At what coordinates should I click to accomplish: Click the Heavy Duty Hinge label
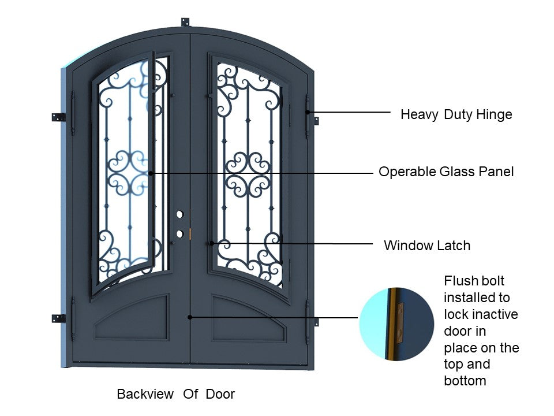click(456, 114)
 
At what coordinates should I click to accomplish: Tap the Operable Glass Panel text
click(446, 172)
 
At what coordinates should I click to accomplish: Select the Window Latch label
click(426, 246)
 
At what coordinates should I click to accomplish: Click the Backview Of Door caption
click(175, 394)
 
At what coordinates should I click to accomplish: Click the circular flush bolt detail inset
click(396, 324)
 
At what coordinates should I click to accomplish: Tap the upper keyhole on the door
click(179, 214)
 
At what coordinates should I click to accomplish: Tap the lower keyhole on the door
click(179, 233)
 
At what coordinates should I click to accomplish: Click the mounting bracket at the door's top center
click(185, 22)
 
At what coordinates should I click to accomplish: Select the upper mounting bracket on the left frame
click(58, 117)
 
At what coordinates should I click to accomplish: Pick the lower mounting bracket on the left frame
click(58, 318)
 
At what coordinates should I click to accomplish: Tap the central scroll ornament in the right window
click(248, 173)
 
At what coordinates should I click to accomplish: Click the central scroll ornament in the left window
click(129, 172)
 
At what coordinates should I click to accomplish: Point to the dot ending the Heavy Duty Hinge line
click(308, 112)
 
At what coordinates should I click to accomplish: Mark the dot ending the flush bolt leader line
click(190, 317)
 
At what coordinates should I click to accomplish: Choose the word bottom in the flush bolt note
click(465, 381)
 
